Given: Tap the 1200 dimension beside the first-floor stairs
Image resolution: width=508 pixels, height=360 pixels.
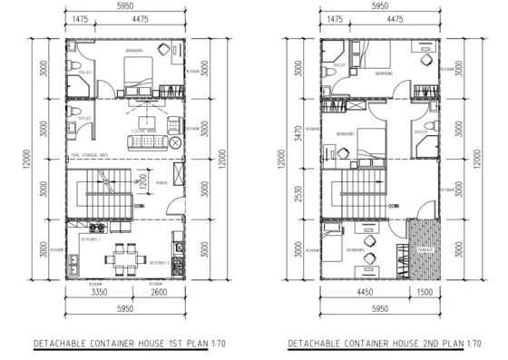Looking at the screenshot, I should click(x=141, y=178).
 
